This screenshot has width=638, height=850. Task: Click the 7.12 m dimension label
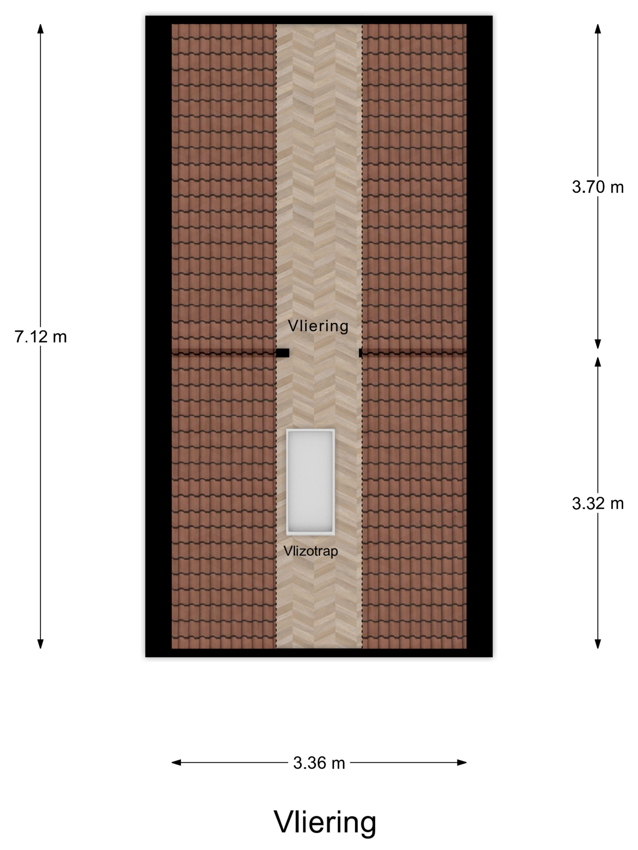pos(41,337)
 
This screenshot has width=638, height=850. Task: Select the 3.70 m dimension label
pos(597,187)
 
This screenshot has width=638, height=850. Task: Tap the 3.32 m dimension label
pos(597,503)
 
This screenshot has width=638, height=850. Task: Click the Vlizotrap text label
pos(311,551)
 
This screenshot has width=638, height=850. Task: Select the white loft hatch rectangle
pos(310,482)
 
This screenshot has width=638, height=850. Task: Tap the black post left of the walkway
pos(283,353)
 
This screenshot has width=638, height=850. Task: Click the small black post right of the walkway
pos(360,353)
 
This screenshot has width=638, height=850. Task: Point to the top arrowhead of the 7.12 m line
pos(40,29)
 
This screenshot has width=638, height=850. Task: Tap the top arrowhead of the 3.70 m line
pos(598,29)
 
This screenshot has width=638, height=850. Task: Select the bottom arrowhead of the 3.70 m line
pos(598,344)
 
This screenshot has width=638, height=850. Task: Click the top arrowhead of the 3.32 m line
pos(598,362)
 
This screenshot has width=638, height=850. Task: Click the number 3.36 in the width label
pos(309,763)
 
